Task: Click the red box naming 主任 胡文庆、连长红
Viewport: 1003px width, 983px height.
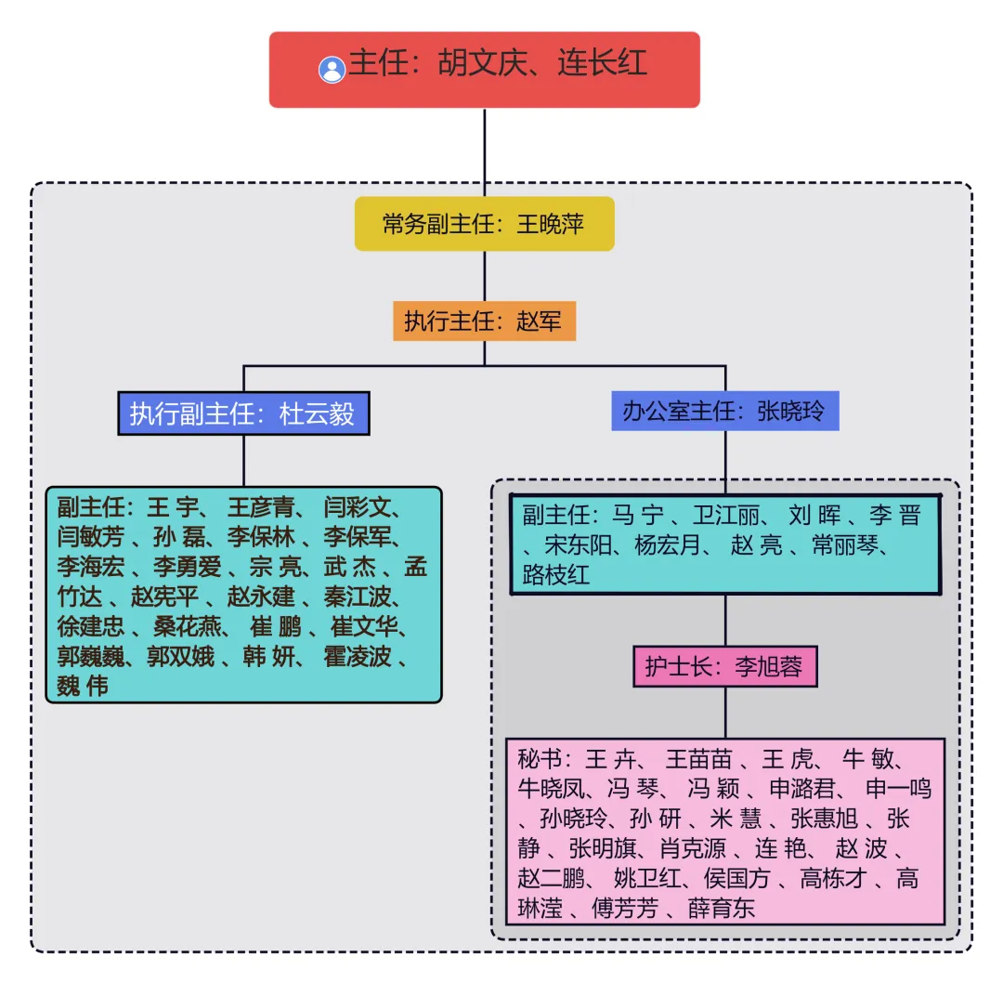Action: coord(484,69)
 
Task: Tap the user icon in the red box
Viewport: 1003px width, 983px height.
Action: coord(332,70)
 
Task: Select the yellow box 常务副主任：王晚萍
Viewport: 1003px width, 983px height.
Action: coord(484,224)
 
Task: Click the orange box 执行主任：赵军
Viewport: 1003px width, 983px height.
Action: coord(484,322)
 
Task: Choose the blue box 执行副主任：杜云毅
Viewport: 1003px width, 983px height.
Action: coord(243,413)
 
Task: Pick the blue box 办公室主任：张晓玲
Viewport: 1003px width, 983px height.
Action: coord(724,411)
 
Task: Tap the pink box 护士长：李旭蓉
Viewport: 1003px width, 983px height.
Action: coord(724,666)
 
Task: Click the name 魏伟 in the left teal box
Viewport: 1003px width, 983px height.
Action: coord(83,687)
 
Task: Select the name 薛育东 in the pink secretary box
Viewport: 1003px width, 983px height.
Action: coord(722,908)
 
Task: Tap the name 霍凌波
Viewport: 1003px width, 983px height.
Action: coord(358,657)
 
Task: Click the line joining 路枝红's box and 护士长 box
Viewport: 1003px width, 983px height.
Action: coord(725,621)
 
